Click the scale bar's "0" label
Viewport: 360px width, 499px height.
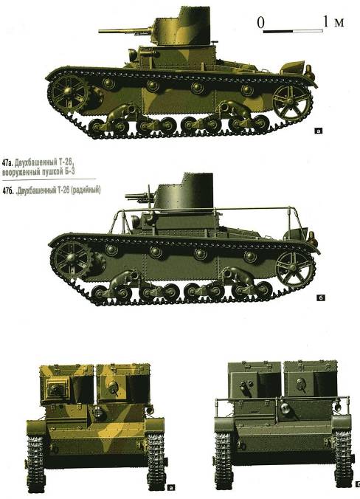260,23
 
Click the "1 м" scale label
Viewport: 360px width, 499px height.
333,22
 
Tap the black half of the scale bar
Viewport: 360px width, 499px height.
278,31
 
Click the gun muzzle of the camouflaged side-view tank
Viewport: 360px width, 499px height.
100,31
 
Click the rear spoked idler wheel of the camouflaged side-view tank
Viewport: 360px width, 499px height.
291,102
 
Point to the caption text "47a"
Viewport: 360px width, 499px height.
7,163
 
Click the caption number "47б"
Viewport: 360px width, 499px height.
7,190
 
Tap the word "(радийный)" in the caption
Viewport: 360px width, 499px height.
86,190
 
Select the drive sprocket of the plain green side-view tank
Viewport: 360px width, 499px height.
72,258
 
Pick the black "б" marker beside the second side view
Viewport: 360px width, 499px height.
321,298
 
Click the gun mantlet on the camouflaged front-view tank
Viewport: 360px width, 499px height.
58,388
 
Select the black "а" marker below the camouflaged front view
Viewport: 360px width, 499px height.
170,487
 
